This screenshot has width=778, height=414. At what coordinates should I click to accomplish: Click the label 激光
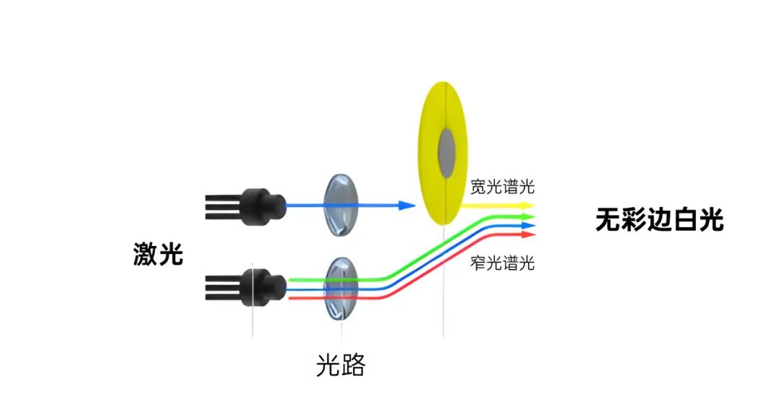[x=158, y=254]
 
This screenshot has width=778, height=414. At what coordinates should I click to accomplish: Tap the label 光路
[x=341, y=366]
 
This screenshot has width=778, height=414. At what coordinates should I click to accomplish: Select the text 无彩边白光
[x=659, y=219]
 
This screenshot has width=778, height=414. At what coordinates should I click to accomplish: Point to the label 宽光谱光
[x=502, y=188]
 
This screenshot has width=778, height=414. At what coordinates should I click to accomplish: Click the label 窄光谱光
[x=502, y=263]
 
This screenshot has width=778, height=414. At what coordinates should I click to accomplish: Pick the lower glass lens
[x=341, y=289]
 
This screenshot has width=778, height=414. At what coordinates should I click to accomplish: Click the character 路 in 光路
[x=353, y=366]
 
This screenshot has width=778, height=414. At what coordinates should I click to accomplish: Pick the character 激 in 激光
[x=146, y=254]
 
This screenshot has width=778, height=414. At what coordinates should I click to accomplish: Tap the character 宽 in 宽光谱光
[x=478, y=188]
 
